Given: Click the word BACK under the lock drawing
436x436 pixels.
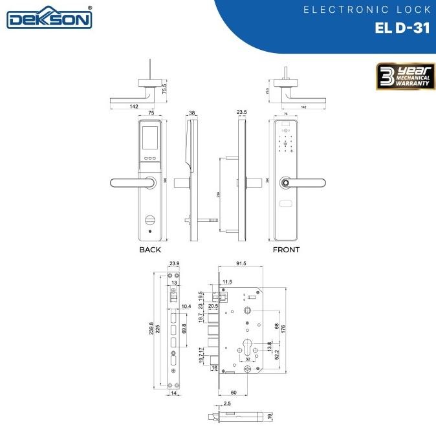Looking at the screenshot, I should click(150, 250).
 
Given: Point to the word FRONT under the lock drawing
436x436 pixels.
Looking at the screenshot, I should click(286, 250).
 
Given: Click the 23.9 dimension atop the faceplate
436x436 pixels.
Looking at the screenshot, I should click(174, 263).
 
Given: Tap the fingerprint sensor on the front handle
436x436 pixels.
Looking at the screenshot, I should click(283, 184).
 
